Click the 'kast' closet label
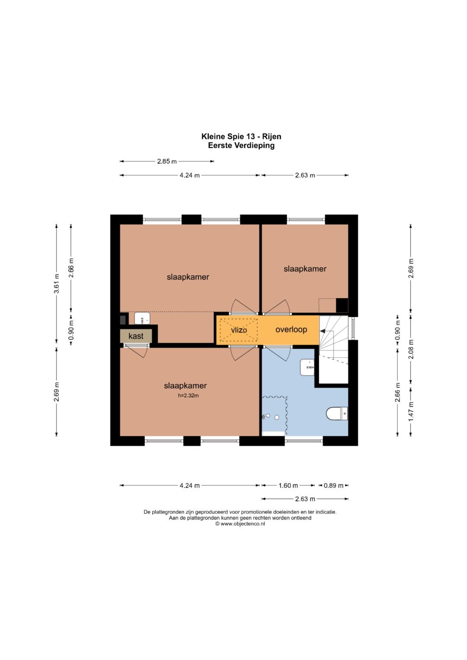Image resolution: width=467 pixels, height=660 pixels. pos(136,336)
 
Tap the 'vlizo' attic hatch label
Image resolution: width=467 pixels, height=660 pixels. pos(239,330)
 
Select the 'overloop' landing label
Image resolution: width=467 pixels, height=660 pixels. pos(291,329)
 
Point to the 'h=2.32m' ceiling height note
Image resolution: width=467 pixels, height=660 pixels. pos(189,396)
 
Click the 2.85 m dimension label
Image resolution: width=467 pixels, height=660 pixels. pos(167,161)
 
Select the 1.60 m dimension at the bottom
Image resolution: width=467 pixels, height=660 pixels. pos(288,485)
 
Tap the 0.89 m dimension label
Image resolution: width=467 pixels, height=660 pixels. pos(333,485)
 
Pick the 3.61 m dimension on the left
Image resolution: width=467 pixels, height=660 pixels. pos(57,284)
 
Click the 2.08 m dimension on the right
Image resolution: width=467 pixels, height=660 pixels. pos(411,349)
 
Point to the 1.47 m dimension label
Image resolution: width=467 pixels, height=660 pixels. pos(411,411)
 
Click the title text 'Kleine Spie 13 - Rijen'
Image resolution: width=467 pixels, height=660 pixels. pos(241,137)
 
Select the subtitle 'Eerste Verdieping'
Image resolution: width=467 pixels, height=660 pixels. pos(241,145)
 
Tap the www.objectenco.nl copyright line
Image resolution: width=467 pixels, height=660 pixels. pos(240,523)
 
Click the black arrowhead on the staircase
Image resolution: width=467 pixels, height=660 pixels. pos(323,331)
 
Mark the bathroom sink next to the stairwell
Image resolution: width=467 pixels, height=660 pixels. pos(307,367)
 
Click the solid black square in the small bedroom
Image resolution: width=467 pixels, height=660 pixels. pos(342,305)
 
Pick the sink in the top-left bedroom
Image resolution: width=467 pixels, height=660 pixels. pos(142,318)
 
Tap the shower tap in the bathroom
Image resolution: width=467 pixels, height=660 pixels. pos(266,416)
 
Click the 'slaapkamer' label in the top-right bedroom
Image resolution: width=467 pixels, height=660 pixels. pos(305,269)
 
